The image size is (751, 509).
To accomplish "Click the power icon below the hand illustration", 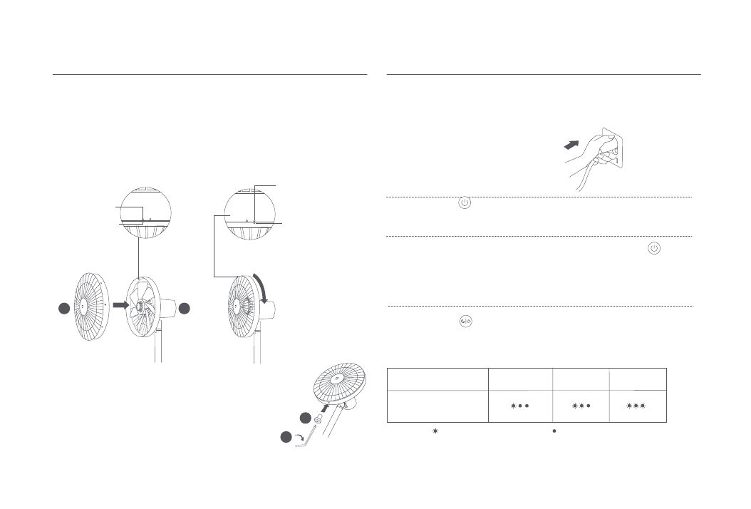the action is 464,203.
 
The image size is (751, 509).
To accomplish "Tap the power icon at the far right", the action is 654,249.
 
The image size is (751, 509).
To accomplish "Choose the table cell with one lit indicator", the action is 518,404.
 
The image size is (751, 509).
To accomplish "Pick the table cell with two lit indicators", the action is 580,404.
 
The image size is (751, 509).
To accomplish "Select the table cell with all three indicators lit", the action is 636,404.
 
